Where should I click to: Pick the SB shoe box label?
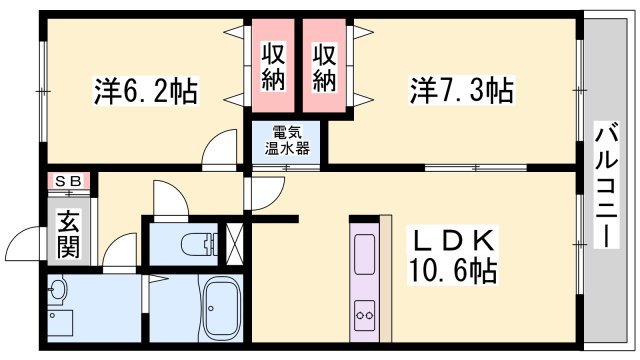click(x=69, y=181)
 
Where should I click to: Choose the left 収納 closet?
click(x=272, y=66)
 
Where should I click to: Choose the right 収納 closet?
click(x=324, y=66)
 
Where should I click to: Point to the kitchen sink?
click(x=363, y=255)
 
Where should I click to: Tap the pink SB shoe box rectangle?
click(x=69, y=181)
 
